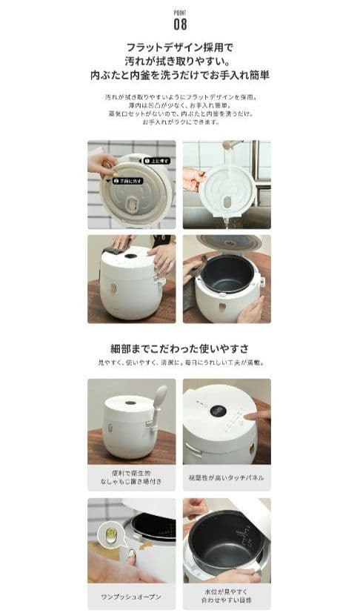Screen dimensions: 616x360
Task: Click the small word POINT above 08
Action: [179, 12]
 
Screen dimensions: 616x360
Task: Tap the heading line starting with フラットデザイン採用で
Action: [179, 47]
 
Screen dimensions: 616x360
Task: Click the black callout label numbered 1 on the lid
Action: [156, 160]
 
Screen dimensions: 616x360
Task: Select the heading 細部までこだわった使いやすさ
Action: [179, 348]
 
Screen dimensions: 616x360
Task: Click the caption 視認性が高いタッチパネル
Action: [227, 477]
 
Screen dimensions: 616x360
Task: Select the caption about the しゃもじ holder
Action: [132, 477]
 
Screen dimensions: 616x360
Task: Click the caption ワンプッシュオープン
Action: [132, 597]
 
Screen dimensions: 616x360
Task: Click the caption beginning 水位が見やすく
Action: [227, 597]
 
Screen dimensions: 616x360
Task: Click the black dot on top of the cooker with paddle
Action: [130, 403]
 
